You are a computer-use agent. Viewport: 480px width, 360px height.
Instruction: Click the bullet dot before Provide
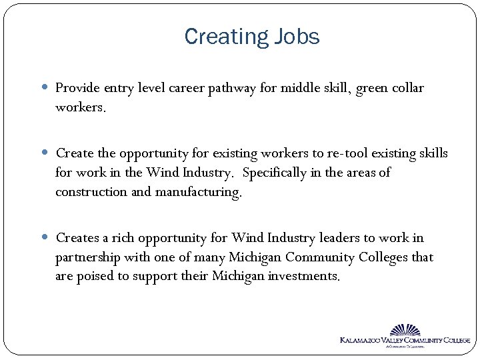[x=46, y=88]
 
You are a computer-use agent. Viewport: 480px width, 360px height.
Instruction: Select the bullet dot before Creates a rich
[x=46, y=238]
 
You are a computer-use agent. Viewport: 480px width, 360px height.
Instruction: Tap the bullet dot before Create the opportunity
[x=46, y=154]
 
